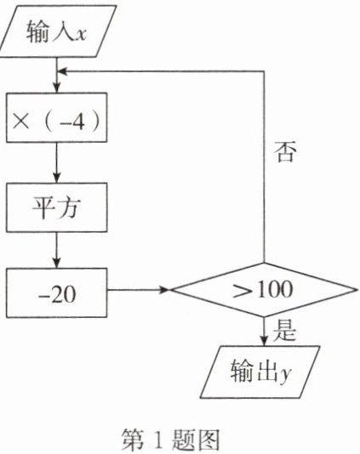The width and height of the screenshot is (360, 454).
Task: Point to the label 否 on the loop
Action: [x=285, y=151]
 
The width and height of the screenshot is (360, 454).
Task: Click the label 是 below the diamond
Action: [x=284, y=330]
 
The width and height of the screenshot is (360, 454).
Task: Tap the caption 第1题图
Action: [x=170, y=440]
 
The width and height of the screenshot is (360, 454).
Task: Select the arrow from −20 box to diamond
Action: [x=139, y=290]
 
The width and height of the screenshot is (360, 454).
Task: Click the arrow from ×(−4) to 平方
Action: [x=57, y=162]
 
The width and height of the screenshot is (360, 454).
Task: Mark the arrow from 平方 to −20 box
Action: [x=57, y=250]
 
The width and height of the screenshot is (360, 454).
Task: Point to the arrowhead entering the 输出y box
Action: [x=264, y=341]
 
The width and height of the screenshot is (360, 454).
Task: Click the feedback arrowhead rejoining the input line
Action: [x=62, y=71]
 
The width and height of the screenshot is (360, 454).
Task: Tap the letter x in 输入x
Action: [x=80, y=34]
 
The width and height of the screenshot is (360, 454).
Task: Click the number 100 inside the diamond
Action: [x=275, y=289]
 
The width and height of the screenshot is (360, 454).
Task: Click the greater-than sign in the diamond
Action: [x=243, y=291]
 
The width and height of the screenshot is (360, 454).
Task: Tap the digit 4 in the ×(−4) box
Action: [x=78, y=121]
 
